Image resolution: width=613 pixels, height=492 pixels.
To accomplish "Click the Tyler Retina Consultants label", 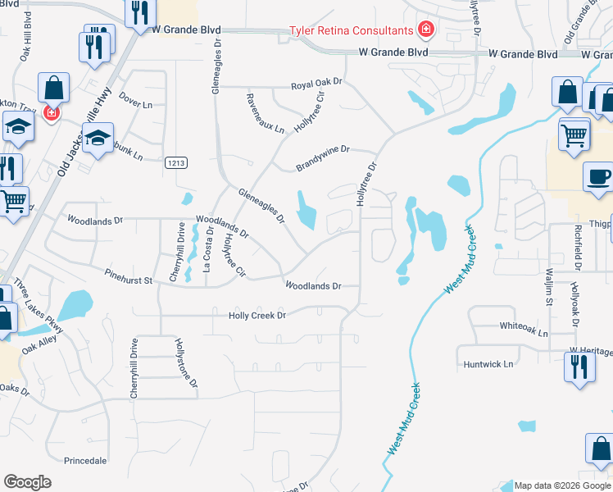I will click(x=350, y=31).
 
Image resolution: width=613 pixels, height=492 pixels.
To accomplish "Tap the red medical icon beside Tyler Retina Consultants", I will click(x=425, y=31).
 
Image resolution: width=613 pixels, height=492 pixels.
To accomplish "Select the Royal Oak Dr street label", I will click(x=316, y=85).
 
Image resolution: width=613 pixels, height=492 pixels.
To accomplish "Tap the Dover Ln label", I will click(x=135, y=105).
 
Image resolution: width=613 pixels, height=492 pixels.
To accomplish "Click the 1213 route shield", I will click(x=175, y=163).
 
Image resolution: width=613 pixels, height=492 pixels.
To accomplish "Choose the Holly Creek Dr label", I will click(x=257, y=315).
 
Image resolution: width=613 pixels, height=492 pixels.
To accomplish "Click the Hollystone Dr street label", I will click(x=187, y=365).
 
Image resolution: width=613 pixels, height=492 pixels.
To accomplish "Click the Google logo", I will click(x=27, y=482).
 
